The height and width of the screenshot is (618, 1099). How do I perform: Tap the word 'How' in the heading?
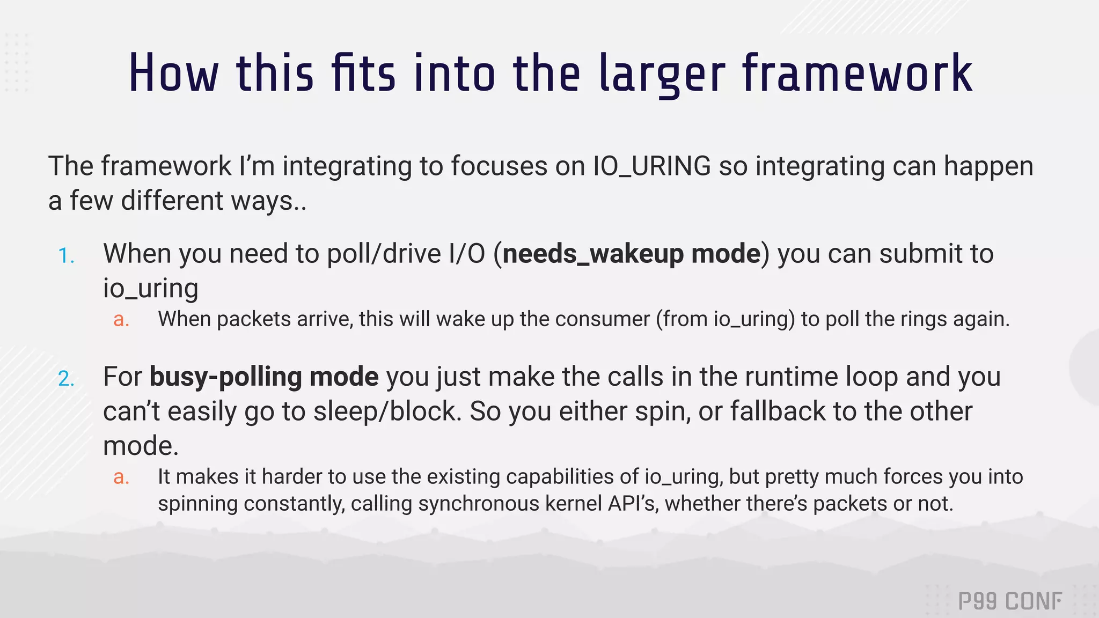pos(173,74)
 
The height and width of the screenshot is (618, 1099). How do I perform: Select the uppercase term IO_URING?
pos(651,166)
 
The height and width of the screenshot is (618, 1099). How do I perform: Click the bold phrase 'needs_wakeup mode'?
pos(632,253)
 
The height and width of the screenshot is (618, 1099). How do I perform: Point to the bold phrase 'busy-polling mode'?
pos(264,377)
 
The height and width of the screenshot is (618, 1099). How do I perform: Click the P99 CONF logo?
pos(1010,601)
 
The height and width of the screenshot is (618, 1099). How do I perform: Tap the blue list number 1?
pos(66,256)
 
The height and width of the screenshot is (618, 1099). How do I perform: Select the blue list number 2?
pos(66,379)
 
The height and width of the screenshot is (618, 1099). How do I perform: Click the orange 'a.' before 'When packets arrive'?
pos(121,320)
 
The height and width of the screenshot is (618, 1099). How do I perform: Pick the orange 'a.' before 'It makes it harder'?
pos(121,477)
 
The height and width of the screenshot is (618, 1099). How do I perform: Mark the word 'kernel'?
pos(573,504)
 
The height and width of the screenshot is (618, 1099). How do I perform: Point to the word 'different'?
pos(172,201)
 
